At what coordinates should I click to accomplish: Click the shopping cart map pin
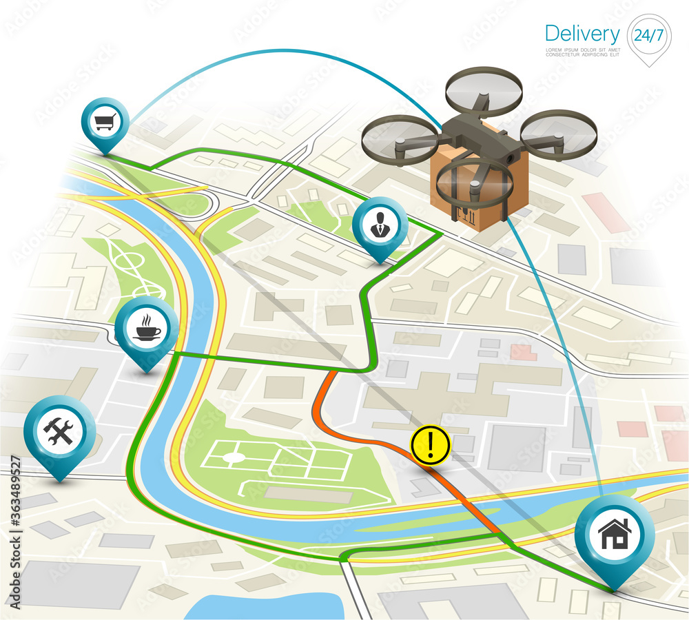(x=105, y=123)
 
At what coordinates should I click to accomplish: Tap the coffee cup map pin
(x=146, y=330)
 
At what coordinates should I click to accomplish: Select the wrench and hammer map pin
(x=59, y=431)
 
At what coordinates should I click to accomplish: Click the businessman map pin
(x=380, y=225)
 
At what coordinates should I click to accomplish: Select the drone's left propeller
(x=400, y=139)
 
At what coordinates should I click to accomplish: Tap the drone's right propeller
(x=558, y=135)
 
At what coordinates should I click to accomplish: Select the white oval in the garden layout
(x=234, y=457)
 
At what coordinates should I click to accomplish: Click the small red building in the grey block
(x=523, y=352)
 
